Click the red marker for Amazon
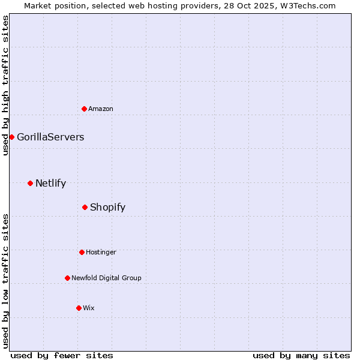(x=85, y=109)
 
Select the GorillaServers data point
(x=11, y=137)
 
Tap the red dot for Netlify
(x=31, y=183)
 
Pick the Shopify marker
(x=85, y=207)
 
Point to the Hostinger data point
(x=82, y=252)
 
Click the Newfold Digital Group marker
(x=67, y=278)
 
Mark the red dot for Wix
(x=79, y=308)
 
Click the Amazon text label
(x=101, y=109)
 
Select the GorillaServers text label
(x=50, y=137)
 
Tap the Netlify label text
(x=50, y=184)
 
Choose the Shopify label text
(x=107, y=208)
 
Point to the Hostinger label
(x=101, y=252)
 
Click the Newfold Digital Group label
(x=106, y=278)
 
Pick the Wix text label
(x=89, y=308)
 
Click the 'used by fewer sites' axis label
(x=62, y=355)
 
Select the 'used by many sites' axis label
(x=301, y=355)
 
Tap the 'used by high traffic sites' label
(x=5, y=85)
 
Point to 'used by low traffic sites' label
(x=5, y=281)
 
